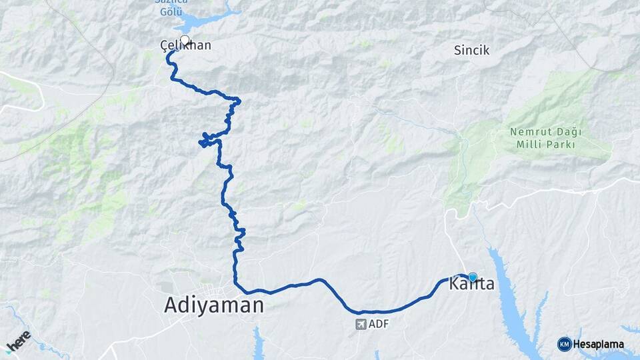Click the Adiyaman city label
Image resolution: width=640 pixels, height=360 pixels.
click(214, 306)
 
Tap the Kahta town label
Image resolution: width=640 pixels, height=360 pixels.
click(473, 285)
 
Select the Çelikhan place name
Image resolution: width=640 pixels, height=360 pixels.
click(186, 46)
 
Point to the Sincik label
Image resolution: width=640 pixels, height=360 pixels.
click(471, 50)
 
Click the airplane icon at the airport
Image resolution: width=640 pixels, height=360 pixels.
click(361, 325)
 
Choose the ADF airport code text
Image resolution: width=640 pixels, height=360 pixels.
click(378, 325)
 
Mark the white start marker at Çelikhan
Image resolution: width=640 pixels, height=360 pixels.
click(185, 40)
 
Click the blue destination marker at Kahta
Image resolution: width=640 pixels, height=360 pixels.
click(473, 277)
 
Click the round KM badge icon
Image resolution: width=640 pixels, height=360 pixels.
click(564, 344)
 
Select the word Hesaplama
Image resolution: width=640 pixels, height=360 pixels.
click(598, 345)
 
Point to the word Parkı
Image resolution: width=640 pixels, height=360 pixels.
click(560, 144)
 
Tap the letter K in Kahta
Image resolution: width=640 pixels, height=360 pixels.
click(457, 285)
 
